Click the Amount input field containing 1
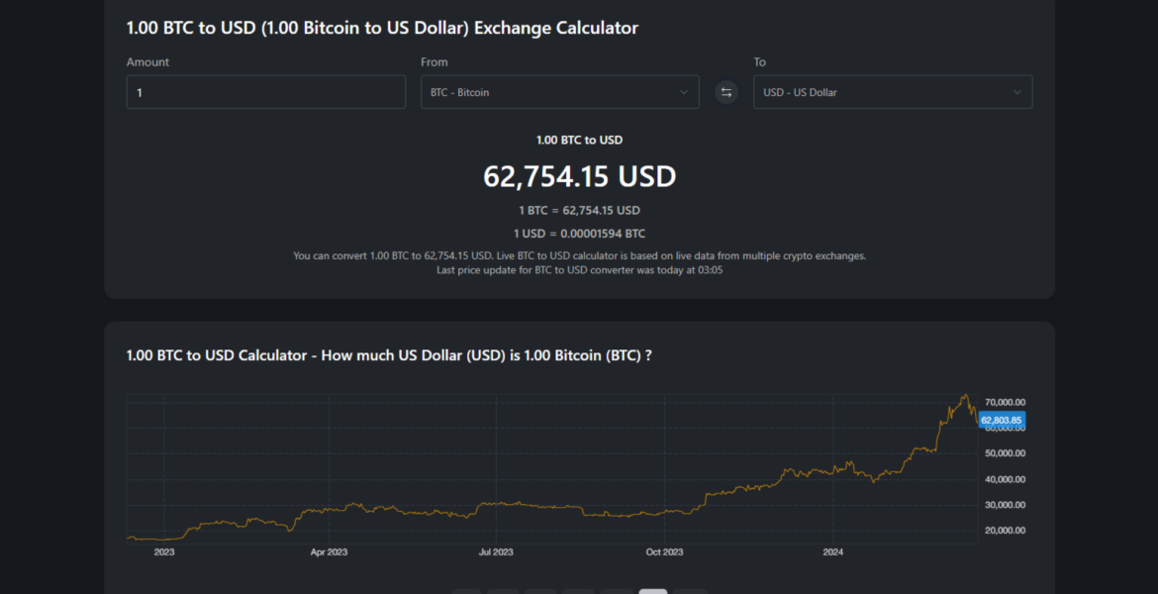(265, 92)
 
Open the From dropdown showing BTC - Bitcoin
(559, 92)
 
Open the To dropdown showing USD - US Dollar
(892, 92)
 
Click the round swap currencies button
(726, 92)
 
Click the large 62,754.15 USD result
(579, 176)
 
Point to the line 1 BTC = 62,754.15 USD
(579, 210)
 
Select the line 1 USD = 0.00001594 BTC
(579, 234)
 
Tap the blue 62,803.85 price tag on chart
(1001, 421)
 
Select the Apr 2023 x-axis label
(329, 552)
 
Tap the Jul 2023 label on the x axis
(496, 552)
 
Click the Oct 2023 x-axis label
(664, 552)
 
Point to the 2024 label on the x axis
(832, 552)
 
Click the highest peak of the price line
(964, 395)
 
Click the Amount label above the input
(147, 62)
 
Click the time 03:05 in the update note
(710, 270)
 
